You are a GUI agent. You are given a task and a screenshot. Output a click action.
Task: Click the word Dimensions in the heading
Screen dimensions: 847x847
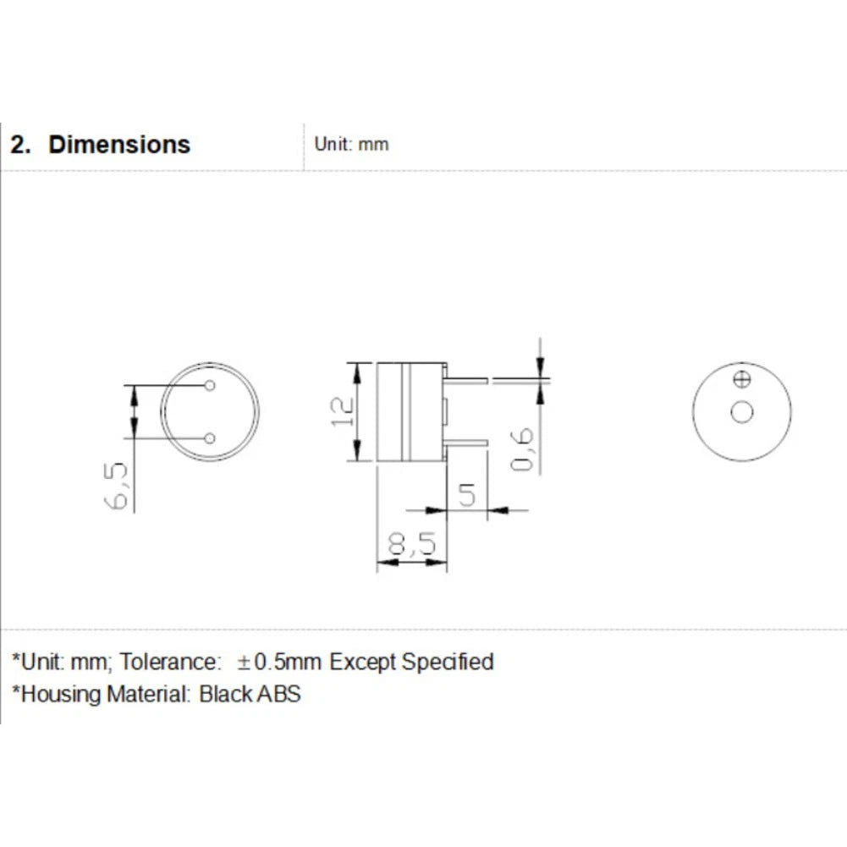point(119,144)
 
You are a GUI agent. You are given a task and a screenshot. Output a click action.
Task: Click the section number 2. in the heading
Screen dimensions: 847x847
point(20,145)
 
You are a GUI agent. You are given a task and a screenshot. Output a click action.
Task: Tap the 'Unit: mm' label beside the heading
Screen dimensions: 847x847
point(351,144)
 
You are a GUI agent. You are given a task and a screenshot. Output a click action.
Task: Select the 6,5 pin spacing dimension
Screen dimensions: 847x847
point(117,486)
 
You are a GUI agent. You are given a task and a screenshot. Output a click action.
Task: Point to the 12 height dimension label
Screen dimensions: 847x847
point(343,411)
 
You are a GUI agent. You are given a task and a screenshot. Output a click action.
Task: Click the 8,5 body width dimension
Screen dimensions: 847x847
point(411,544)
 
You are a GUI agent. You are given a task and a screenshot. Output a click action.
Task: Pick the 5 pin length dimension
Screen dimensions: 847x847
point(467,495)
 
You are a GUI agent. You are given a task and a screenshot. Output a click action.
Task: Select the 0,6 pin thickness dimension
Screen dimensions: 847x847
point(522,449)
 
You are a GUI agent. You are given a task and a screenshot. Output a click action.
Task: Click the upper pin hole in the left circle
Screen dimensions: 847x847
point(210,385)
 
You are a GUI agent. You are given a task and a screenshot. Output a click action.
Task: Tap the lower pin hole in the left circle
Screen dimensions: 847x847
point(210,438)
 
